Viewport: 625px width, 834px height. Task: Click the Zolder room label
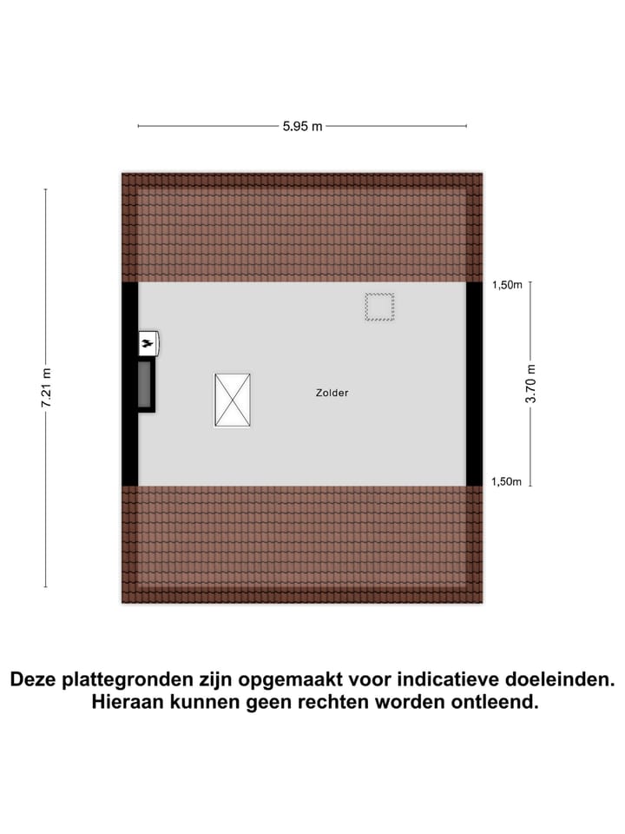tap(332, 393)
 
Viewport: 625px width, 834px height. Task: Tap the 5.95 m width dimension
tap(302, 127)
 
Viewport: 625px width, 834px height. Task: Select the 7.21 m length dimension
tap(46, 388)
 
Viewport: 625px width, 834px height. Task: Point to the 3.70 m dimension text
tap(531, 383)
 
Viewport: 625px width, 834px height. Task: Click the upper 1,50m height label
tap(507, 285)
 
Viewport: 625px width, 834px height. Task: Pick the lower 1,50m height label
tap(506, 482)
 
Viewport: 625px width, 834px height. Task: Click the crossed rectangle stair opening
tap(233, 400)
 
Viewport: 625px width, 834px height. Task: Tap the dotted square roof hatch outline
tap(379, 307)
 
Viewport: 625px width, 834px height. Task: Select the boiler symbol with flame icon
tap(148, 344)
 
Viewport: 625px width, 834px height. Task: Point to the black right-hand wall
tap(475, 383)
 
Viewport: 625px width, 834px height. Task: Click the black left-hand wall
tap(129, 383)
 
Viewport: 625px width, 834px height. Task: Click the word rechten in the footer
tap(333, 702)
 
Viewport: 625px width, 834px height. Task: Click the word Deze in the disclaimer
tap(34, 679)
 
